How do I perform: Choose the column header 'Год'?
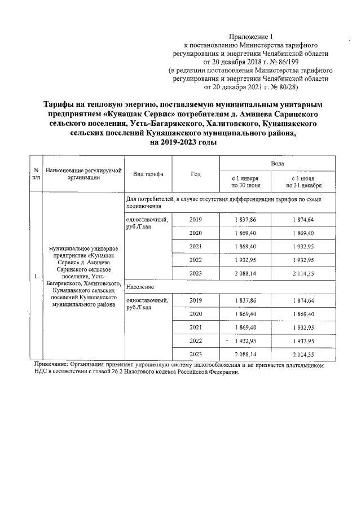pos(196,174)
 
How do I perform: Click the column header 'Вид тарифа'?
pos(148,174)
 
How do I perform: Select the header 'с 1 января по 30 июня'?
pos(245,181)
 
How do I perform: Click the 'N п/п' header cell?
pos(36,174)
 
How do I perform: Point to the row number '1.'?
pos(36,276)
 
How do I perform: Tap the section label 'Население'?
pos(140,288)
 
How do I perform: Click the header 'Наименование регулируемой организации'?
pos(84,174)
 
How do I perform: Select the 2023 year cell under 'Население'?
pos(196,354)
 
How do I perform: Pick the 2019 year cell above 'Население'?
pos(196,220)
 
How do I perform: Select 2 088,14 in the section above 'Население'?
pos(245,274)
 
